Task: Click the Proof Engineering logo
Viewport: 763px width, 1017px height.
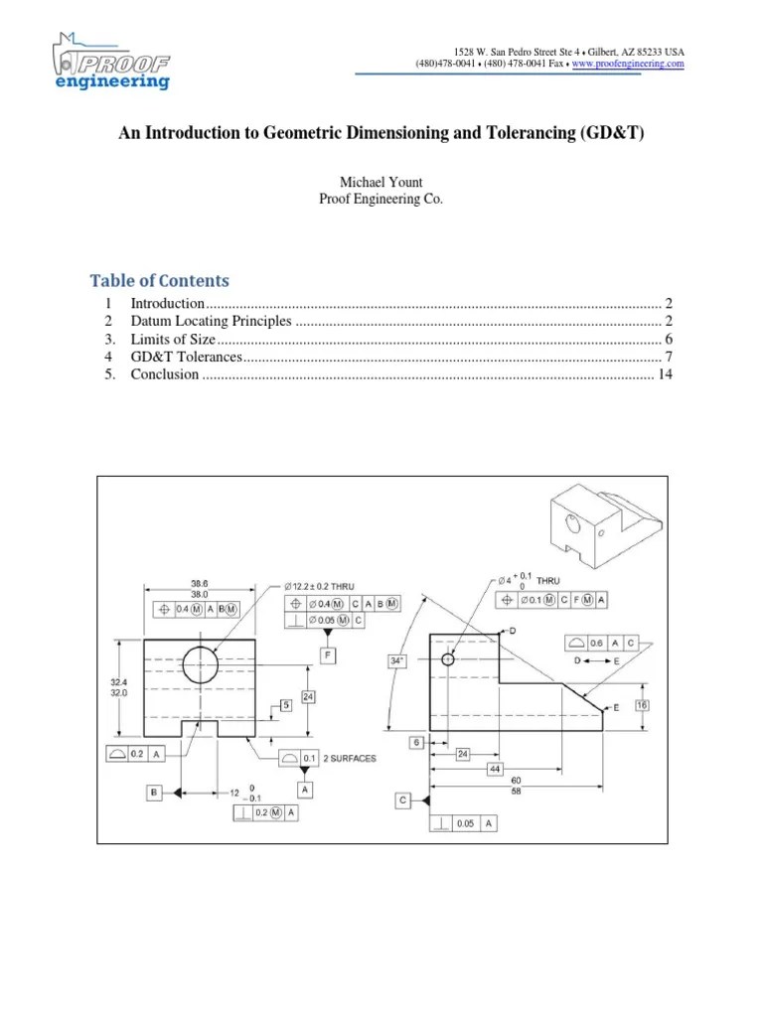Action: click(x=111, y=62)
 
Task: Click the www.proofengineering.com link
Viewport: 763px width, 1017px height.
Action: click(x=629, y=64)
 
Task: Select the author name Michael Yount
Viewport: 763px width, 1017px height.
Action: click(x=381, y=183)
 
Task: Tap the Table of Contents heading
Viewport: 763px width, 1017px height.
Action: click(x=160, y=280)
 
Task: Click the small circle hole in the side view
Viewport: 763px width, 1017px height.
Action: click(x=448, y=658)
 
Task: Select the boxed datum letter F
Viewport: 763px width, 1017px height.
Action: click(x=327, y=655)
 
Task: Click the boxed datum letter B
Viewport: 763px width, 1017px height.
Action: click(x=154, y=793)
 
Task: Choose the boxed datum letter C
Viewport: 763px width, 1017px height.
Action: click(x=402, y=799)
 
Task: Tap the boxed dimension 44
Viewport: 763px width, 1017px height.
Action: click(x=495, y=770)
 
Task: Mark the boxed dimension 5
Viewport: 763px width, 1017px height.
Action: click(x=285, y=705)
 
